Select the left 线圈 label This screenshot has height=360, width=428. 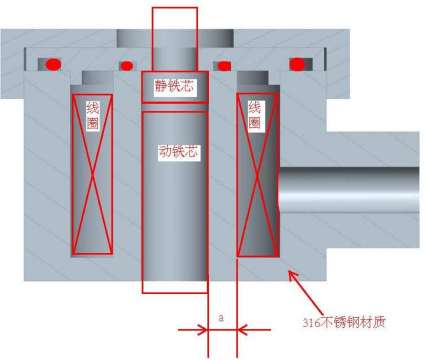pos(91,114)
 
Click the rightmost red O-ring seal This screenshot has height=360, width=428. pos(296,64)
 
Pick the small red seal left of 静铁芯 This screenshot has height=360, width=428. pos(127,66)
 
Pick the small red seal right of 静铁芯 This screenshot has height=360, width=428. pos(224,66)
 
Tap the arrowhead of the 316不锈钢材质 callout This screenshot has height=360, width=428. pos(286,269)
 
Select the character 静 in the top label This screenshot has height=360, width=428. pos(163,86)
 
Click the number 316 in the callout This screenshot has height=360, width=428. pos(311,322)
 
